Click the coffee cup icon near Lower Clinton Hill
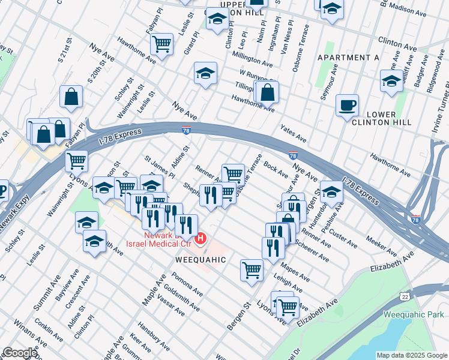[x=347, y=106]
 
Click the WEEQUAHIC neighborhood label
[x=200, y=260]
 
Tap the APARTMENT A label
[x=349, y=58]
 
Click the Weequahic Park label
[x=415, y=314]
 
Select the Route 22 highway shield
[x=406, y=297]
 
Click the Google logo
[x=19, y=353]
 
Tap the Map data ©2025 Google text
[x=412, y=355]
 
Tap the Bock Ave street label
[x=276, y=167]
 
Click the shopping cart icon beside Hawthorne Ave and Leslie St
[x=161, y=43]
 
